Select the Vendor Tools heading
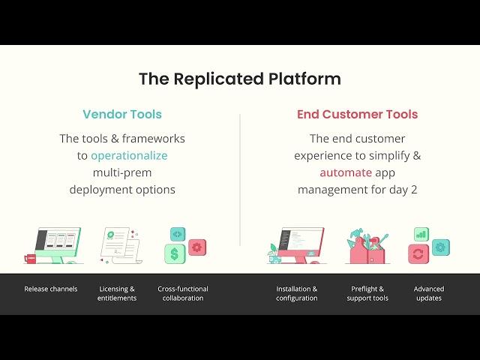[x=122, y=115]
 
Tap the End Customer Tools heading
[x=357, y=115]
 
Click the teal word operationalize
[x=129, y=155]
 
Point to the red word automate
[x=346, y=172]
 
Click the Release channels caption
[x=50, y=289]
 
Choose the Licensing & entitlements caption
[x=117, y=293]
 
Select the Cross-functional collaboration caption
[x=183, y=293]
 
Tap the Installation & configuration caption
[x=296, y=293]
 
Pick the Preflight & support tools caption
[x=367, y=293]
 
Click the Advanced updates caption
[x=429, y=293]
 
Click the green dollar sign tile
[x=175, y=253]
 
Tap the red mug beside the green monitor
[x=31, y=258]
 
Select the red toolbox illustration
[x=367, y=248]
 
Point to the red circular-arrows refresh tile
[x=418, y=253]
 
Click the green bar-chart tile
[x=421, y=234]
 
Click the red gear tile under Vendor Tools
[x=197, y=247]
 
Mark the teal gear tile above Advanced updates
[x=441, y=247]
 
